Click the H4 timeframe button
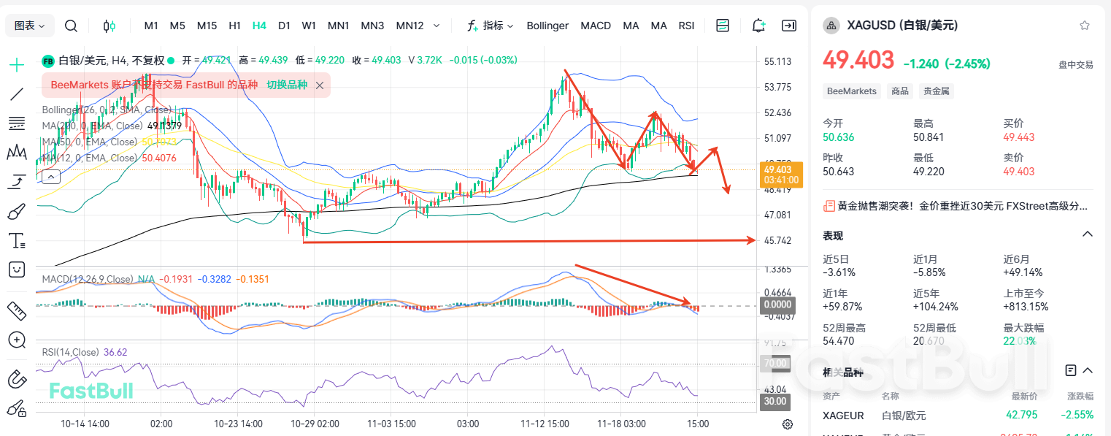pyautogui.click(x=259, y=26)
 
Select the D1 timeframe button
pyautogui.click(x=284, y=26)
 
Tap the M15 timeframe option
pyautogui.click(x=207, y=26)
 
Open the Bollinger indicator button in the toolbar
pyautogui.click(x=547, y=26)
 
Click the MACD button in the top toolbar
pyautogui.click(x=596, y=26)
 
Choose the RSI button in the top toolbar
pyautogui.click(x=686, y=26)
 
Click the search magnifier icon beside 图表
pyautogui.click(x=71, y=26)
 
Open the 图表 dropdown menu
pyautogui.click(x=30, y=26)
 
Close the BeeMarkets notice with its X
pyautogui.click(x=320, y=85)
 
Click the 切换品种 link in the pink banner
pyautogui.click(x=287, y=85)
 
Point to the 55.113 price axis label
pyautogui.click(x=777, y=62)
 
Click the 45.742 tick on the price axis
pyautogui.click(x=777, y=240)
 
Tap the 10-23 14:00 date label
pyautogui.click(x=238, y=424)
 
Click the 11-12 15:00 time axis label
pyautogui.click(x=545, y=424)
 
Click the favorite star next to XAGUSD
pyautogui.click(x=1084, y=26)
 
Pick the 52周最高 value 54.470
pyautogui.click(x=841, y=341)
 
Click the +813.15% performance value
pyautogui.click(x=1026, y=307)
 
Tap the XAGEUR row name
pyautogui.click(x=843, y=416)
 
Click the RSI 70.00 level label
pyautogui.click(x=774, y=363)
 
